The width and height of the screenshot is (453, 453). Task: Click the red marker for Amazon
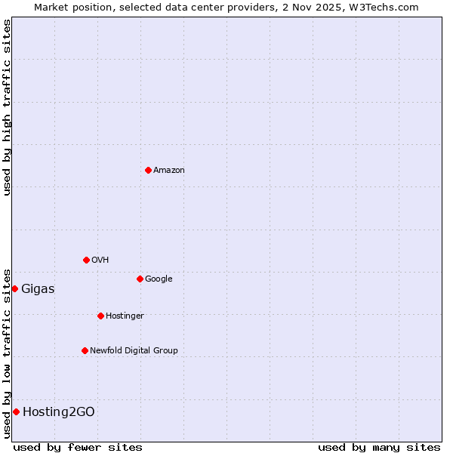(148, 170)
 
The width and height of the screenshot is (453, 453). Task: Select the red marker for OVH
(86, 260)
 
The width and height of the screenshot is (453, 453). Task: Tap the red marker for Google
(140, 279)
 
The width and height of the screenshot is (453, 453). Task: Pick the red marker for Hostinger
(100, 316)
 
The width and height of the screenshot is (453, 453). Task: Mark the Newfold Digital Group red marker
(85, 350)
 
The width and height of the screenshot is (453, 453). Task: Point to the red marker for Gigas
(14, 288)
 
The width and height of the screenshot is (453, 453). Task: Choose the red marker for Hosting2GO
(16, 411)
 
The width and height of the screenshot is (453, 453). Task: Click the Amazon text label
(169, 171)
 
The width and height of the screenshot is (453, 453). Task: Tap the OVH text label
(100, 260)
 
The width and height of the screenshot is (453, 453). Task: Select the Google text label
(159, 279)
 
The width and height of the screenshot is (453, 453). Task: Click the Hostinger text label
(125, 316)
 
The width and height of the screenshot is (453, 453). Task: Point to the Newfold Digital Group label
(134, 351)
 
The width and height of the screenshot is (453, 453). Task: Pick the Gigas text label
(38, 289)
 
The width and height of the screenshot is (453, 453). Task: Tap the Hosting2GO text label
(59, 412)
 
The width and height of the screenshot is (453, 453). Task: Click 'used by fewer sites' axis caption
(78, 447)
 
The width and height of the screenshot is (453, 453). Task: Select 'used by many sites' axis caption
(379, 447)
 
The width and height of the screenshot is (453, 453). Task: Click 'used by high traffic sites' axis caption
(7, 107)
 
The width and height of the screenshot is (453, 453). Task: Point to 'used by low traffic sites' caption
(7, 353)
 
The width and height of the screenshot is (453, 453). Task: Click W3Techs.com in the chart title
(386, 7)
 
